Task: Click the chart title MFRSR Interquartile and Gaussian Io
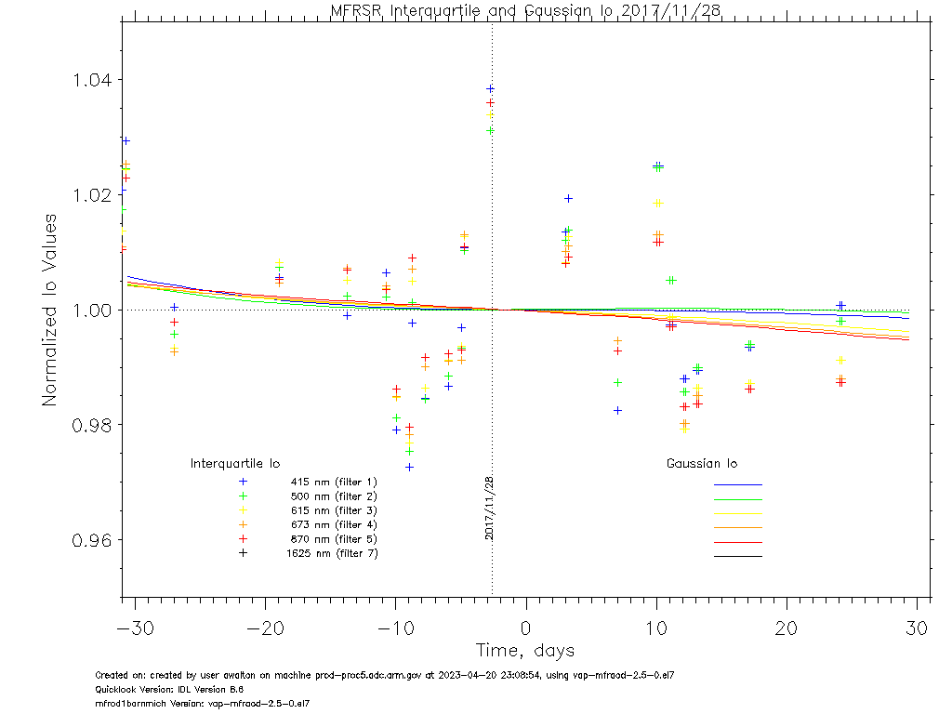coord(526,10)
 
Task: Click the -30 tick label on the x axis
coord(135,628)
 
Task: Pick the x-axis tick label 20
coord(787,628)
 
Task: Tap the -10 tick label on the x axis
coord(395,628)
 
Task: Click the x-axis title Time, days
coord(525,650)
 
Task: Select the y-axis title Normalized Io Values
coord(50,310)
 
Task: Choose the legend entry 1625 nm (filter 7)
coord(331,553)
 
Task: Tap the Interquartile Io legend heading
coord(235,463)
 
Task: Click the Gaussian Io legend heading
coord(702,463)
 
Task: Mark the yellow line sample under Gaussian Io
coord(737,513)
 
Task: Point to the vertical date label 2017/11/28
coord(489,508)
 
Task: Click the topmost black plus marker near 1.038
coord(490,89)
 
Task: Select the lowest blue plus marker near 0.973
coord(409,467)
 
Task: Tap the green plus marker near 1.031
coord(490,131)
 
